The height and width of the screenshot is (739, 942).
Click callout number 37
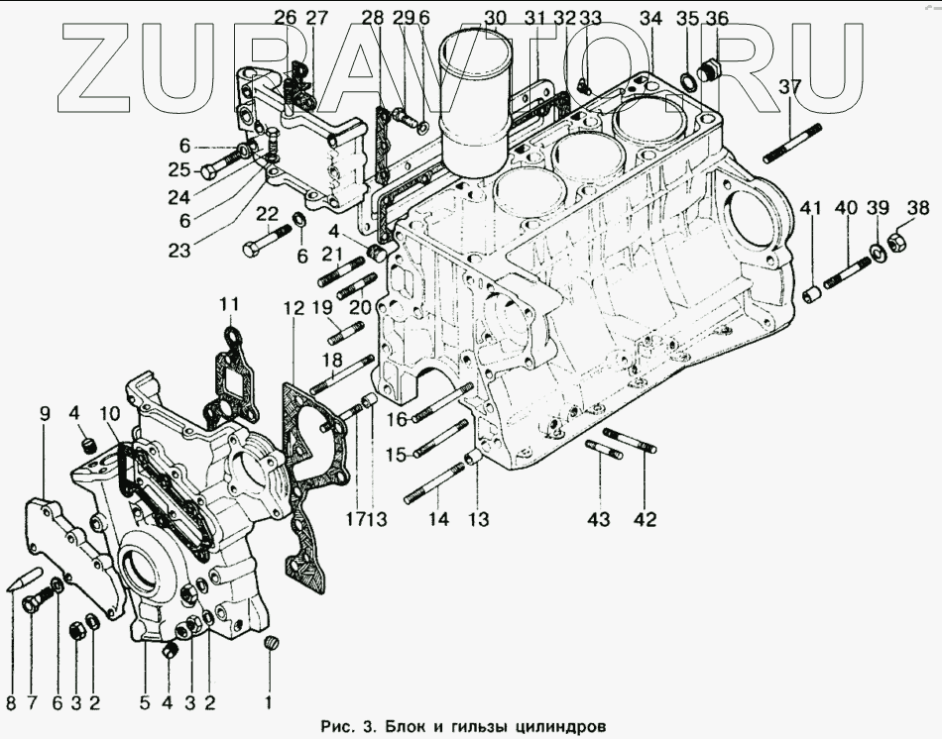789,88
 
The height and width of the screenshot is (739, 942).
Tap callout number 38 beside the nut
918,208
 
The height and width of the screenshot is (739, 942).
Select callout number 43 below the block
600,518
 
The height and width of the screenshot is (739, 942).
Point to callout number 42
645,518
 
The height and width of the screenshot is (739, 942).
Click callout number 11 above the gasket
230,303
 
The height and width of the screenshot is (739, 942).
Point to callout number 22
267,213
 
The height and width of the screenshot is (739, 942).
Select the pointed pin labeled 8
24,581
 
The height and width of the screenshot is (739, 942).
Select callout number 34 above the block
650,18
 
